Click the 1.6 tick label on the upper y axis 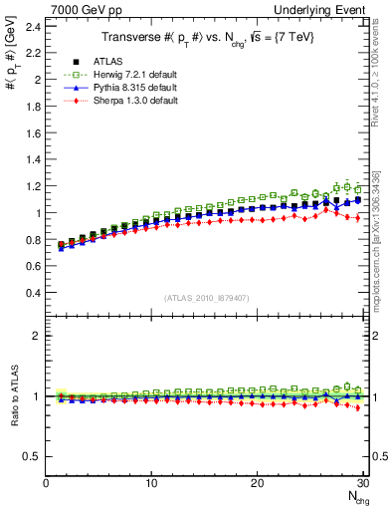(x=32, y=132)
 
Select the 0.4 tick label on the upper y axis (x=32, y=293)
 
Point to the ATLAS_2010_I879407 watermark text (x=206, y=297)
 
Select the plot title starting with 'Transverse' (x=205, y=37)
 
